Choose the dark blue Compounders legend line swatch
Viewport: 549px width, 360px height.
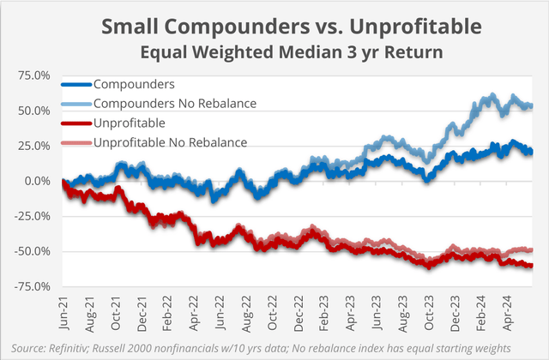click(75, 85)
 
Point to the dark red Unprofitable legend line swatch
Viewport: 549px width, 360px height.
click(75, 122)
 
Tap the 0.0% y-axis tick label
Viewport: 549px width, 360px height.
click(37, 181)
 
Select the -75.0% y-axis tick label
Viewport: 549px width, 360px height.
click(33, 286)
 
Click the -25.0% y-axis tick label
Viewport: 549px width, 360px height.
click(33, 216)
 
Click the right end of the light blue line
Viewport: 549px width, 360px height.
click(532, 106)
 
